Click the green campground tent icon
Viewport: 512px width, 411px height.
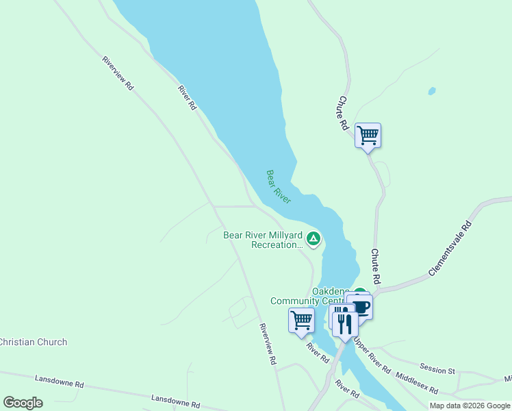(x=313, y=238)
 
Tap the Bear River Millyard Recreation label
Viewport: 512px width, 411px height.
(x=263, y=240)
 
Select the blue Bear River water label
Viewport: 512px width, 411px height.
(x=279, y=187)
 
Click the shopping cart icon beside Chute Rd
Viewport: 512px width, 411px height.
(x=368, y=135)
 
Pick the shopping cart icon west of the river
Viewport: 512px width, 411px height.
(x=301, y=320)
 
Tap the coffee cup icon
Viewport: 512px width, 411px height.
(x=359, y=306)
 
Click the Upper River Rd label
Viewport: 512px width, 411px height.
(x=372, y=357)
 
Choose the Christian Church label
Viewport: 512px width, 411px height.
(x=34, y=342)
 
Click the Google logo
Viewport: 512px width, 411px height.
(x=23, y=403)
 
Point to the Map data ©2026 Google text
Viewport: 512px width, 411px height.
(x=470, y=406)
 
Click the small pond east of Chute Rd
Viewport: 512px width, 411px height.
(x=431, y=90)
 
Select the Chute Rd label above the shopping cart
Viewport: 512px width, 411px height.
(x=344, y=114)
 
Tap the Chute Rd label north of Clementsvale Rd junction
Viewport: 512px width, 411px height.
(x=375, y=266)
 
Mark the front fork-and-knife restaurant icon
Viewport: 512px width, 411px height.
(x=345, y=324)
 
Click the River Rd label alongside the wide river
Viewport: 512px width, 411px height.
(x=187, y=98)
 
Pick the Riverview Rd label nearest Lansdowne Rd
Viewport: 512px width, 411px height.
(x=267, y=344)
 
